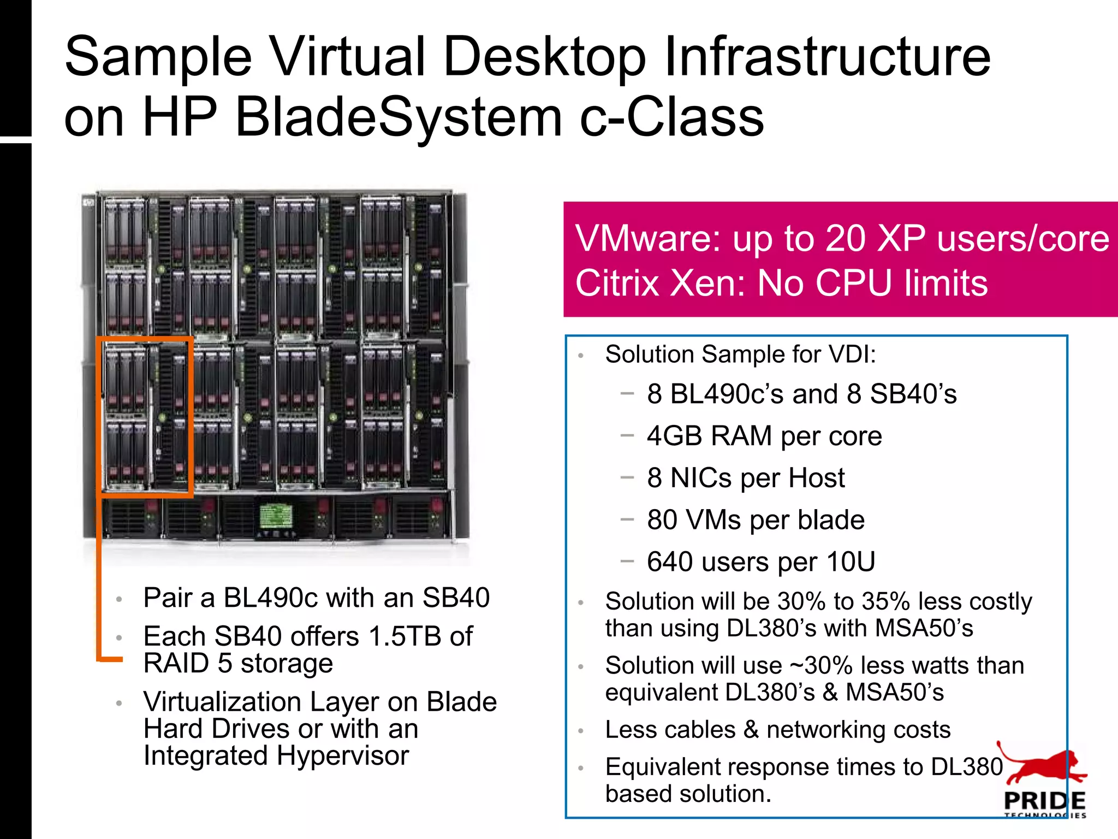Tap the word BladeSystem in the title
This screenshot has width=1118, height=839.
point(399,117)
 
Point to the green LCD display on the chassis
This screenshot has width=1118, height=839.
point(275,516)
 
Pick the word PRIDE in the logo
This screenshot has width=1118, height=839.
point(1044,801)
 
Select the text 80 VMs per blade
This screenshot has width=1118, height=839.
point(756,520)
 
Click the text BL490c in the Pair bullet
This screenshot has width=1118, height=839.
point(270,598)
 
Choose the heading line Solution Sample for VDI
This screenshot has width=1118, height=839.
point(740,354)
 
